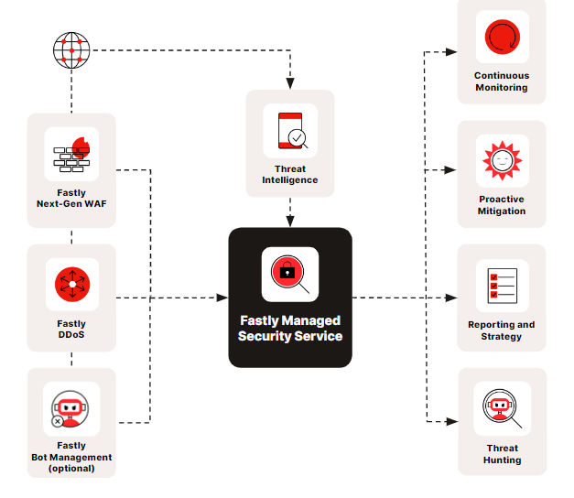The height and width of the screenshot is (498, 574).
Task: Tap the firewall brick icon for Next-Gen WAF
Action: pyautogui.click(x=71, y=154)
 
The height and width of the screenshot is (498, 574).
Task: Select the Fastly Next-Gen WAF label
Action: pyautogui.click(x=71, y=198)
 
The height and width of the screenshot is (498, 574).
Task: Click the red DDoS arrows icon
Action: pyautogui.click(x=71, y=284)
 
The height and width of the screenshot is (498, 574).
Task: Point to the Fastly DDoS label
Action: pyautogui.click(x=71, y=329)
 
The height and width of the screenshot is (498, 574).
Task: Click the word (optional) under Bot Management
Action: pyautogui.click(x=71, y=468)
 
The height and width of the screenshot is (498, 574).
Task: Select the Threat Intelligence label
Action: pyautogui.click(x=290, y=174)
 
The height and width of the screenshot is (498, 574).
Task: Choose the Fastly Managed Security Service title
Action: pyautogui.click(x=290, y=328)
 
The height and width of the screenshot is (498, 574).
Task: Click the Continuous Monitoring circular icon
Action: pyautogui.click(x=502, y=38)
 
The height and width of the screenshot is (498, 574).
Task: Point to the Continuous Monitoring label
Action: pyautogui.click(x=502, y=81)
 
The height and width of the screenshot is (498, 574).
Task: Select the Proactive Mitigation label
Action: pyautogui.click(x=502, y=205)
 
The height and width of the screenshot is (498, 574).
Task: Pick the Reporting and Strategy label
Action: pyautogui.click(x=502, y=330)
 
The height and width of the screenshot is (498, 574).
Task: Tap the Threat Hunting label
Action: pyautogui.click(x=502, y=454)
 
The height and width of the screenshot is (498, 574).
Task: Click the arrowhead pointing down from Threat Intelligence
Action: pyautogui.click(x=290, y=221)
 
